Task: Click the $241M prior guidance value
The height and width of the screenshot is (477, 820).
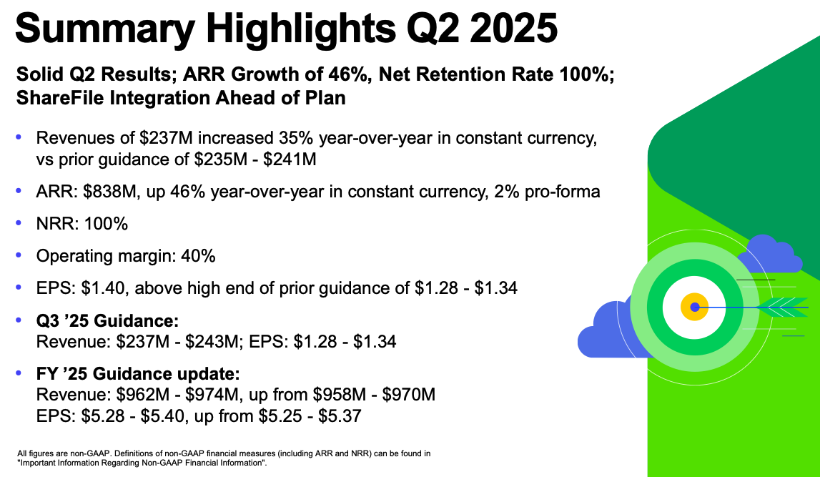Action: [290, 159]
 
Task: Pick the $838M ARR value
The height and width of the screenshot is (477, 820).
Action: [109, 192]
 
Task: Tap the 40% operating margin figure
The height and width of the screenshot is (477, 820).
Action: [198, 256]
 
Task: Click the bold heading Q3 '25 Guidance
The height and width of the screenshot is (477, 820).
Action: [107, 320]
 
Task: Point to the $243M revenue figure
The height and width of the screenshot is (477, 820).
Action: [213, 342]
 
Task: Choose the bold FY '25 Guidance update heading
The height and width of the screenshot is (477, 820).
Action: [138, 374]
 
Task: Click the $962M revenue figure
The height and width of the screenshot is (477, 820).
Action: [143, 394]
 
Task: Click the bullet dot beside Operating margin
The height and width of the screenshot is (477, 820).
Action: [19, 255]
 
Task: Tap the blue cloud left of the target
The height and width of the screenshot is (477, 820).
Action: [607, 330]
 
